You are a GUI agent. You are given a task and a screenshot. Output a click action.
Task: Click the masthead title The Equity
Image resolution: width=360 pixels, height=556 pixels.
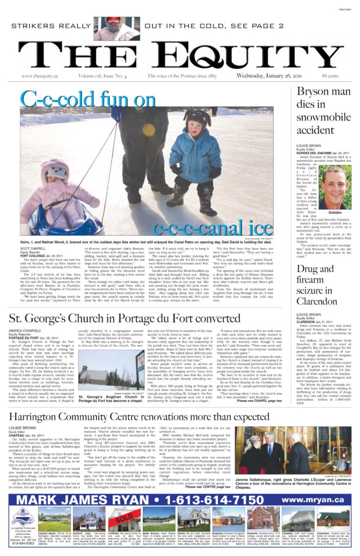point(180,54)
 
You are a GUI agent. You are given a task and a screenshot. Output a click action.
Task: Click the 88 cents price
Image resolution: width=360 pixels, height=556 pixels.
point(345,75)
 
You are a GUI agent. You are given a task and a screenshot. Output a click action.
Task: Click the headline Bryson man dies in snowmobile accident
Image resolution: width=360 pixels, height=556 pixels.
point(324,109)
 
